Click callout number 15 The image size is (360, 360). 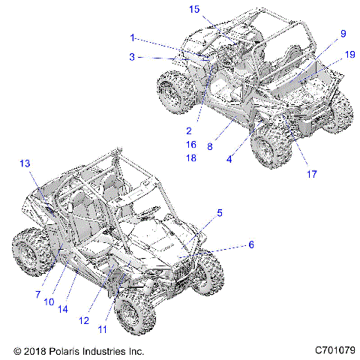[194, 9]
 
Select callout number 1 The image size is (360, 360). [133, 37]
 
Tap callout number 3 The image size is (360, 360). [133, 56]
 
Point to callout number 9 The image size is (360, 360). [343, 34]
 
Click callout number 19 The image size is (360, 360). [349, 55]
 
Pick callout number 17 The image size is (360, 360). [311, 174]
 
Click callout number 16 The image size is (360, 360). [190, 144]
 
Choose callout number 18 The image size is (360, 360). [190, 157]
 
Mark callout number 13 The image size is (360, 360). [24, 163]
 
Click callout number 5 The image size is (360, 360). [219, 213]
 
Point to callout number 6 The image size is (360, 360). [251, 244]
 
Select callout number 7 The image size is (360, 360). [37, 295]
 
